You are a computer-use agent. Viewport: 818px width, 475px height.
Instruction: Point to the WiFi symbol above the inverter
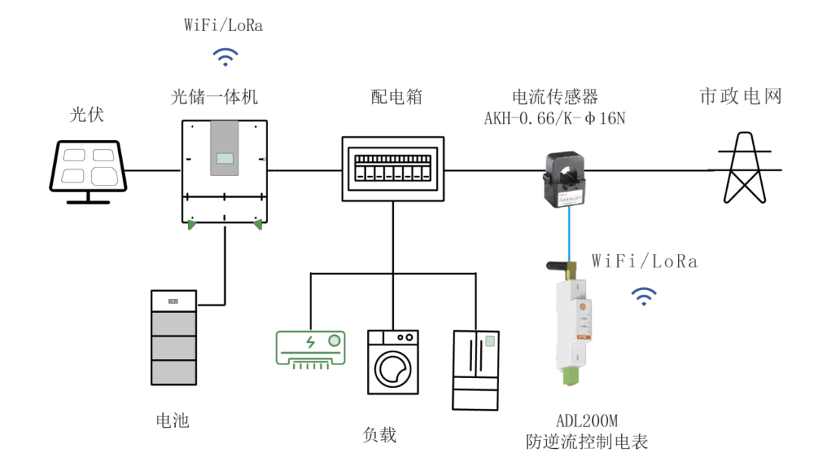point(224,57)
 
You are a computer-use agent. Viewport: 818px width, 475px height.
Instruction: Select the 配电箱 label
point(392,97)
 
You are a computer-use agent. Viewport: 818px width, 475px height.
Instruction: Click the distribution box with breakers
point(392,168)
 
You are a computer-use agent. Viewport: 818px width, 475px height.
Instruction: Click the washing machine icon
point(393,361)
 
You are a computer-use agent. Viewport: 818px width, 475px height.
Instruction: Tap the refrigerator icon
point(476,370)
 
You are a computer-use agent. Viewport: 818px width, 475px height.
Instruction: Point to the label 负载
point(379,435)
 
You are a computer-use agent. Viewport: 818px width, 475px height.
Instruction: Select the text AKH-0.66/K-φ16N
point(558,119)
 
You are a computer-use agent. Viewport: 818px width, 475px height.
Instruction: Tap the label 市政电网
point(739,97)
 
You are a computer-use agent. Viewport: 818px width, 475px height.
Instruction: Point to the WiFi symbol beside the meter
point(645,296)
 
